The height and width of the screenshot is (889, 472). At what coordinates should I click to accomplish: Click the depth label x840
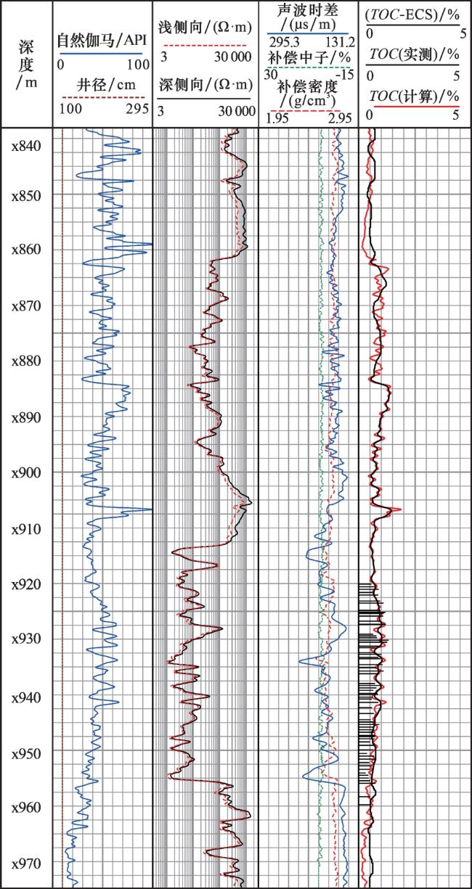coord(26,145)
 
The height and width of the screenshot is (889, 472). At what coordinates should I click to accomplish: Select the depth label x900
coord(26,472)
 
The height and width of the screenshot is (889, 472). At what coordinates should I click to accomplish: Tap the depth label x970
coord(26,863)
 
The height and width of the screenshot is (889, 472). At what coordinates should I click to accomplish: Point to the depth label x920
coord(26,584)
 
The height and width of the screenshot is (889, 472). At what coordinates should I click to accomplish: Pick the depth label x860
coord(26,249)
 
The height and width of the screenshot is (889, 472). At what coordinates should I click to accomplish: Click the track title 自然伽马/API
coord(102,42)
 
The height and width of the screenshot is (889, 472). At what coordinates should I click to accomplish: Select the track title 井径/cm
coord(102,83)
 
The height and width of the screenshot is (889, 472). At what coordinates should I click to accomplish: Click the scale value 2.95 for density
coord(340,118)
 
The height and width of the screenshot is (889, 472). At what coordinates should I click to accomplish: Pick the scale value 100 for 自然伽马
coord(138,65)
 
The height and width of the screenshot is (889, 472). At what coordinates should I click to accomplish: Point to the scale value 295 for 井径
coord(137,108)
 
